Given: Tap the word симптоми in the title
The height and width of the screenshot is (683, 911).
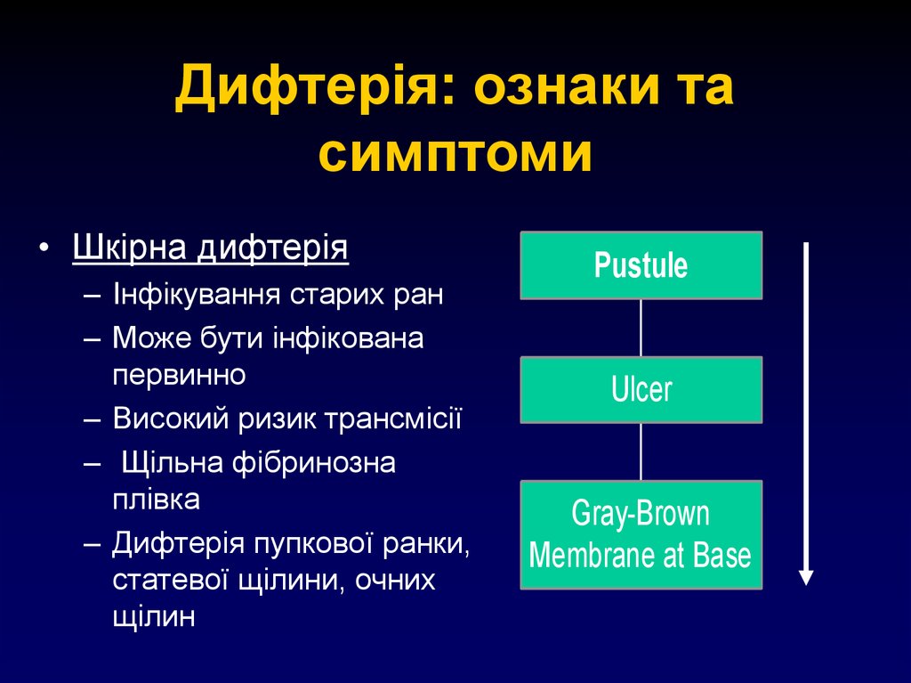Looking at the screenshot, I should [x=455, y=154].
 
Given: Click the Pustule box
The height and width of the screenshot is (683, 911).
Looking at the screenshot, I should [x=641, y=265].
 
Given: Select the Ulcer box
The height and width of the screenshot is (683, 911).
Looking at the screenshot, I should [x=641, y=389].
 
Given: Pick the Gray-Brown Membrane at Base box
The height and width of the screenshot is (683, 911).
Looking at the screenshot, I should [x=641, y=534].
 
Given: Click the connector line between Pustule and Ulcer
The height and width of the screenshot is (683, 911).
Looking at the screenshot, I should [x=641, y=328].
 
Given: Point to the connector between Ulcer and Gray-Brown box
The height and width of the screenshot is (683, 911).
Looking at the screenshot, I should [x=641, y=451].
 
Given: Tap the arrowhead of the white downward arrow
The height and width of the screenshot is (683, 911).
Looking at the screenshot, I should [x=806, y=576].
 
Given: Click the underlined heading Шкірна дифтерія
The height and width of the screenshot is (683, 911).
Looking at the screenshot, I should [x=210, y=247].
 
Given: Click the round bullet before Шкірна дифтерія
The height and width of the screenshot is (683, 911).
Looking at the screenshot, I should [x=44, y=247].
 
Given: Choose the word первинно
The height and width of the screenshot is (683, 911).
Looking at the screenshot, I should [x=179, y=374].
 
